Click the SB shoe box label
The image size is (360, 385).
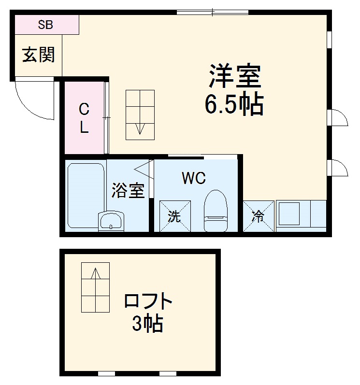click(x=46, y=25)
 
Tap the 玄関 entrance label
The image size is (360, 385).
click(x=39, y=55)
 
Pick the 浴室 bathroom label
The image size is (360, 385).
click(x=128, y=190)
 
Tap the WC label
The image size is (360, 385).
click(x=194, y=178)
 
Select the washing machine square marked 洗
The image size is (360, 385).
click(x=175, y=216)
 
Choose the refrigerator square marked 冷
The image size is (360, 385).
click(x=258, y=216)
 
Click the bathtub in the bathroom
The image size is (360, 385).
click(x=86, y=193)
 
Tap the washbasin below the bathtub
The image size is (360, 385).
click(x=111, y=222)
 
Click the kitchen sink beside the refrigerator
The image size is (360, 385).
click(x=292, y=214)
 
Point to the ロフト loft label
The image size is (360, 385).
click(x=148, y=302)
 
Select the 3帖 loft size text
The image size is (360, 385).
click(x=147, y=324)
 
